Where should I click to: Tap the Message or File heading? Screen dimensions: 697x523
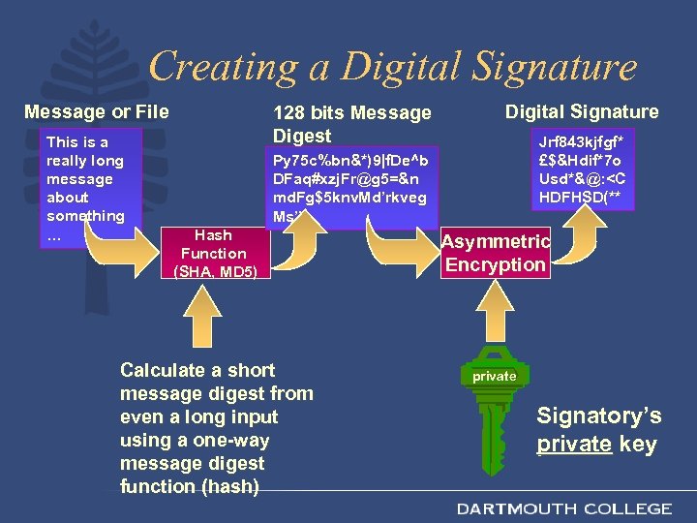coord(96,111)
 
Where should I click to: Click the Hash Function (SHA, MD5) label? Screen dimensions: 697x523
coord(213,254)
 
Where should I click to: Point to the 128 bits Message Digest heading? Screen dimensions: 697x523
coord(351,124)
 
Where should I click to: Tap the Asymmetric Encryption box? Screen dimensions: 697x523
coord(496,254)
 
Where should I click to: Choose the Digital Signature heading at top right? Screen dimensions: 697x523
coord(581,111)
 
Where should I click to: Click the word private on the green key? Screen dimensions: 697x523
coord(494,376)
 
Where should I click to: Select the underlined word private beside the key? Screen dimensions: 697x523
coord(574,445)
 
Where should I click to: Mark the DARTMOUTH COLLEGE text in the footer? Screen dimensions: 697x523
coord(564,508)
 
